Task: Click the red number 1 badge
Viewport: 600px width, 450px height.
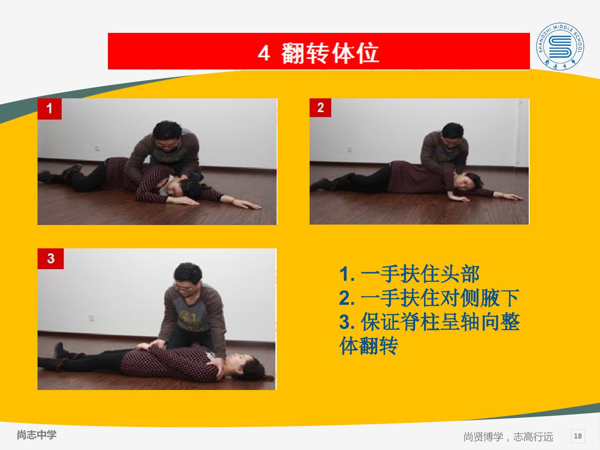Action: [x=50, y=109]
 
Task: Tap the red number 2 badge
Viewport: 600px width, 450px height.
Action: [x=320, y=107]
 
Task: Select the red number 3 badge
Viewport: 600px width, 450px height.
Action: [x=50, y=258]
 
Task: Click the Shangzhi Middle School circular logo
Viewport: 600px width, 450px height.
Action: [x=560, y=46]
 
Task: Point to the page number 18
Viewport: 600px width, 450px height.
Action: [x=578, y=436]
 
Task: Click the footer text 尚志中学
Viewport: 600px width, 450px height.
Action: [x=37, y=435]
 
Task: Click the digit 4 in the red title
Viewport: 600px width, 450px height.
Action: [x=264, y=53]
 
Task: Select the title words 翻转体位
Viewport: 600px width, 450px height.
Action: [x=330, y=53]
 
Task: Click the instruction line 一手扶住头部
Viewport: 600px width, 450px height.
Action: [x=420, y=274]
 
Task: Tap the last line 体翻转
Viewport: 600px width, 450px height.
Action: [x=368, y=346]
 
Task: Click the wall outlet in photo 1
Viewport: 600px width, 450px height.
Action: [x=97, y=148]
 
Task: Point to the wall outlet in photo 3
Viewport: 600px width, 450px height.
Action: [x=92, y=318]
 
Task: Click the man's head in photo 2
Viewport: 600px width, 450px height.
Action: [x=453, y=133]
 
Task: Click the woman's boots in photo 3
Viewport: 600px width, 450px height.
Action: [x=62, y=357]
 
